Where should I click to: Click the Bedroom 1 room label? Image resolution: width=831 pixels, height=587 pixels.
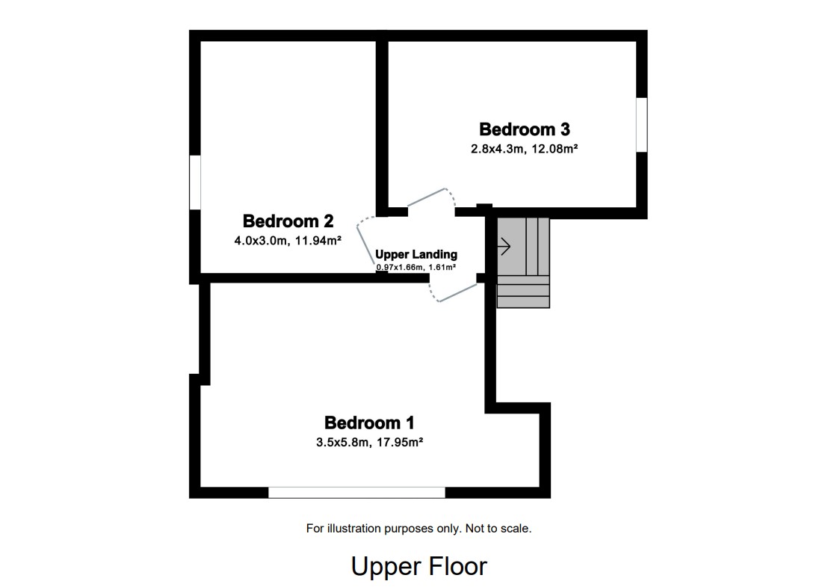pyautogui.click(x=369, y=422)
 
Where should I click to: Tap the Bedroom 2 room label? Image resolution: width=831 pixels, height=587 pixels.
pyautogui.click(x=288, y=221)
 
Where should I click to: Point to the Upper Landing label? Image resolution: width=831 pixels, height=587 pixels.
pyautogui.click(x=416, y=254)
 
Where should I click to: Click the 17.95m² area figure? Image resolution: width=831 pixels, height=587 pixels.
pyautogui.click(x=399, y=442)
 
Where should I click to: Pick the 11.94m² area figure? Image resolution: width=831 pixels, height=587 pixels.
pyautogui.click(x=318, y=241)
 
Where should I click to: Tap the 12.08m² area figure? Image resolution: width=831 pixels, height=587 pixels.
pyautogui.click(x=554, y=149)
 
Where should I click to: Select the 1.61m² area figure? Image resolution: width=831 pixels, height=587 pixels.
pyautogui.click(x=442, y=267)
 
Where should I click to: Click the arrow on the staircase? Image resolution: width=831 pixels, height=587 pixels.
pyautogui.click(x=504, y=246)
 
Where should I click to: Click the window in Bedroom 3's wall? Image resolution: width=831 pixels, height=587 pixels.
pyautogui.click(x=641, y=125)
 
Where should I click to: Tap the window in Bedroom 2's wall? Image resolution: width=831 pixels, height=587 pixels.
pyautogui.click(x=195, y=182)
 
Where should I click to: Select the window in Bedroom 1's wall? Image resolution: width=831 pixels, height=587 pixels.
pyautogui.click(x=356, y=492)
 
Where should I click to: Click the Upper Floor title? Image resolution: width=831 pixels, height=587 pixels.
pyautogui.click(x=418, y=566)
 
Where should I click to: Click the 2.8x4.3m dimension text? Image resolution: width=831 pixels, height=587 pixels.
pyautogui.click(x=496, y=149)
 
